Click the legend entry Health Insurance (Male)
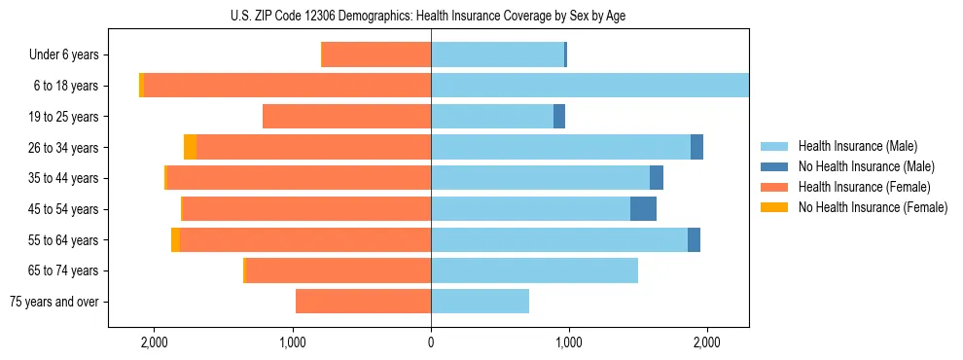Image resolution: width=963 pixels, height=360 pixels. (852, 146)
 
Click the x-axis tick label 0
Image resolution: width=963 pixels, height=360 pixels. (431, 342)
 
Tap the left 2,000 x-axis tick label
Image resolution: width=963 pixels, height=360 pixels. (155, 342)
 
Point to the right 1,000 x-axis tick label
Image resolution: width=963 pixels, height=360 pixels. (569, 342)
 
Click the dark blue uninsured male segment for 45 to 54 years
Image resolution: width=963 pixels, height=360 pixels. (643, 209)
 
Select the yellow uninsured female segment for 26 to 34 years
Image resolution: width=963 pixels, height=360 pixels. (190, 147)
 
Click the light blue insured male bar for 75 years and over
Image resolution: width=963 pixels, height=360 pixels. (480, 302)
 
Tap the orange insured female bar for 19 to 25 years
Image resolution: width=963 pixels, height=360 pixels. (346, 117)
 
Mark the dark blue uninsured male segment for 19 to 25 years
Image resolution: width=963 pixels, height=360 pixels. (559, 117)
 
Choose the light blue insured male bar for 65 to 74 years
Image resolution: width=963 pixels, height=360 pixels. (534, 270)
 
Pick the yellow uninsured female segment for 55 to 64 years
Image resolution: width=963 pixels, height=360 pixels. (175, 240)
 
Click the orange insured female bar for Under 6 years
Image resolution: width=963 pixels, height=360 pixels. (375, 55)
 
